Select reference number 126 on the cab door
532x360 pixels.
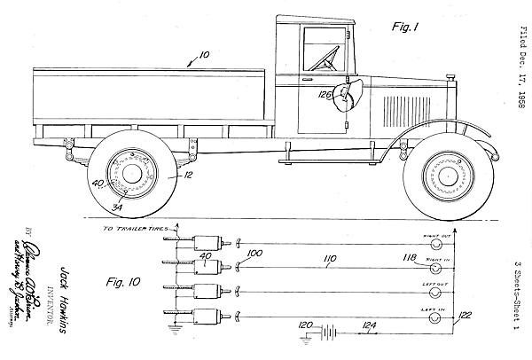click(x=327, y=95)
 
